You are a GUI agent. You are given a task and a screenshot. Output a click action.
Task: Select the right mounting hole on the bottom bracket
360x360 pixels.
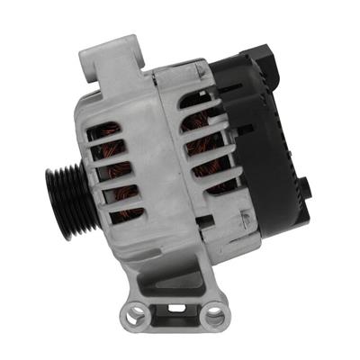point(215,315)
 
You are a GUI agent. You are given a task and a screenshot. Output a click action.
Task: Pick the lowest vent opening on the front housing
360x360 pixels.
point(126,213)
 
